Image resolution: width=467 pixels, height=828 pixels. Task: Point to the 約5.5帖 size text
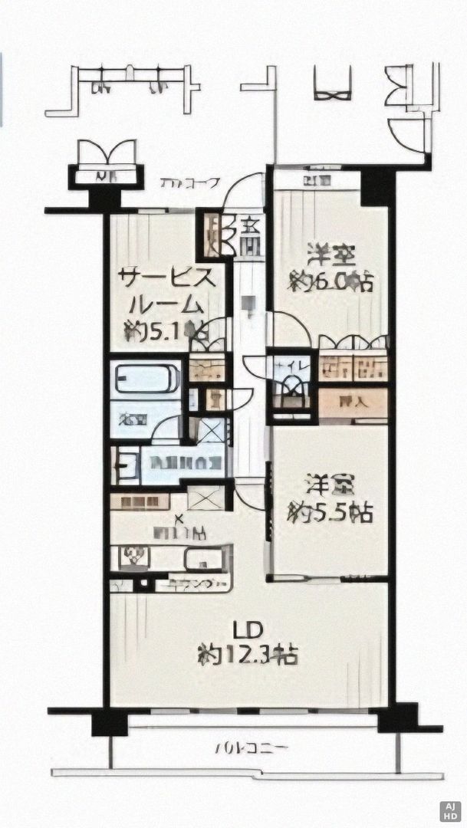(x=331, y=513)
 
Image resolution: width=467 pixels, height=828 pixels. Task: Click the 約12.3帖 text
(x=248, y=655)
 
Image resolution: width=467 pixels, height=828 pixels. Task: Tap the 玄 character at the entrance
(x=250, y=226)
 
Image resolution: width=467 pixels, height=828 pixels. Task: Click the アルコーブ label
(x=190, y=184)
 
